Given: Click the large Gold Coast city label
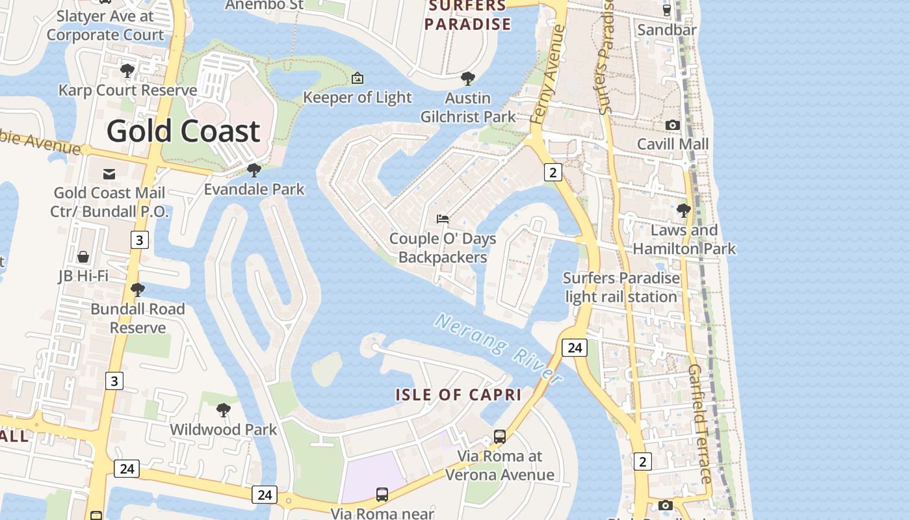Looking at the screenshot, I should (183, 131).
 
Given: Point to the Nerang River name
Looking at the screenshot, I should (498, 348).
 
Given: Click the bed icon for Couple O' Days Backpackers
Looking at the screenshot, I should (443, 219).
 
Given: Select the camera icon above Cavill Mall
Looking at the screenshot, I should (673, 125).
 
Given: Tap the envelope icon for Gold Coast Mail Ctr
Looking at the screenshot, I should (109, 174).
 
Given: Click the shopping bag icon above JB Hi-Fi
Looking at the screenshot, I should (83, 257).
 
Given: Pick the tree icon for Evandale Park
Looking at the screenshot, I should (254, 170).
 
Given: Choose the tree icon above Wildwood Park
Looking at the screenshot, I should (223, 410).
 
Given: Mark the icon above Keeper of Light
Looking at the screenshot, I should (357, 79).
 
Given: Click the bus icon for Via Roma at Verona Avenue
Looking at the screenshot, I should (499, 437).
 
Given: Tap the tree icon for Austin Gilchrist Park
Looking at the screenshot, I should (467, 79).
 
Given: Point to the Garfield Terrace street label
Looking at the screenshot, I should (699, 423).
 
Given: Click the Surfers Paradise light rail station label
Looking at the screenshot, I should (621, 287).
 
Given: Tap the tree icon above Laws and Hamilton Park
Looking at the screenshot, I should (683, 211).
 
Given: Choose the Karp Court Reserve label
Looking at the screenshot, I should (127, 90).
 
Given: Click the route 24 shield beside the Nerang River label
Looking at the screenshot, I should (575, 348).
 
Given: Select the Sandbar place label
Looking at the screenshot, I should (667, 30).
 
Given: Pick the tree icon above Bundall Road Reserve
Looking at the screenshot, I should (137, 290).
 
